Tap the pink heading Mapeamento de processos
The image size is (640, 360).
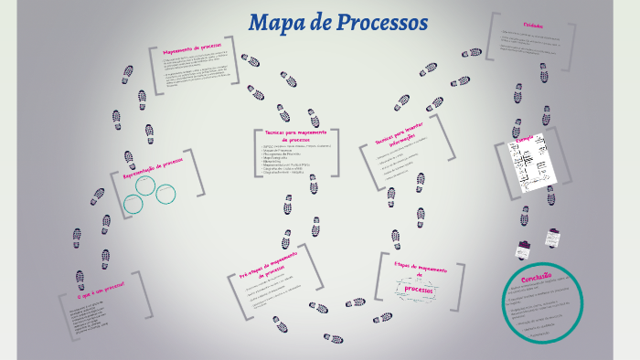[x=192, y=50]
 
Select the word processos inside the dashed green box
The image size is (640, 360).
[x=420, y=290]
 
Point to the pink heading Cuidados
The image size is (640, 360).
[x=534, y=26]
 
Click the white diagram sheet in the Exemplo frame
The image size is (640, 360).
[x=532, y=164]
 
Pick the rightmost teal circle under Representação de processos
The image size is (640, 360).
[x=165, y=194]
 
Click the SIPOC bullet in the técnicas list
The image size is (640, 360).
[x=291, y=146]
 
